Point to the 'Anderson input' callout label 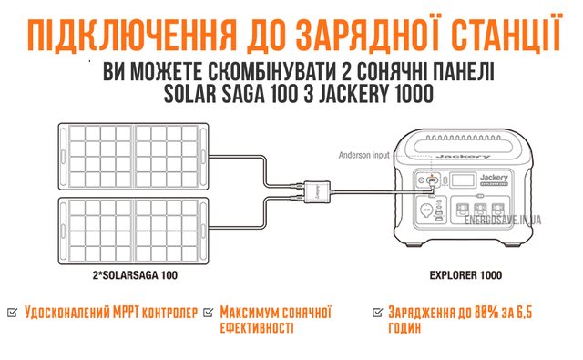(x=363, y=155)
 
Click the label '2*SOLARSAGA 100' (x=135, y=275)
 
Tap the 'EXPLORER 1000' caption (x=465, y=275)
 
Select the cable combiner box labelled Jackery (x=317, y=191)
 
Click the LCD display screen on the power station (x=463, y=180)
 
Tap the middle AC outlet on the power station (x=480, y=210)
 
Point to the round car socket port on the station (x=425, y=211)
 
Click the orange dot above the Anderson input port (x=432, y=175)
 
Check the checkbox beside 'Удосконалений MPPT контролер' (x=12, y=313)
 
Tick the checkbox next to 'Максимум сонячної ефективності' (x=209, y=313)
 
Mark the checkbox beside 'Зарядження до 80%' (x=377, y=313)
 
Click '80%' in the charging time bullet (x=486, y=313)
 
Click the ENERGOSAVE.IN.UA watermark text (x=503, y=221)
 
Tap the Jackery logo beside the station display (x=494, y=178)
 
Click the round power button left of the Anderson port (x=421, y=180)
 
